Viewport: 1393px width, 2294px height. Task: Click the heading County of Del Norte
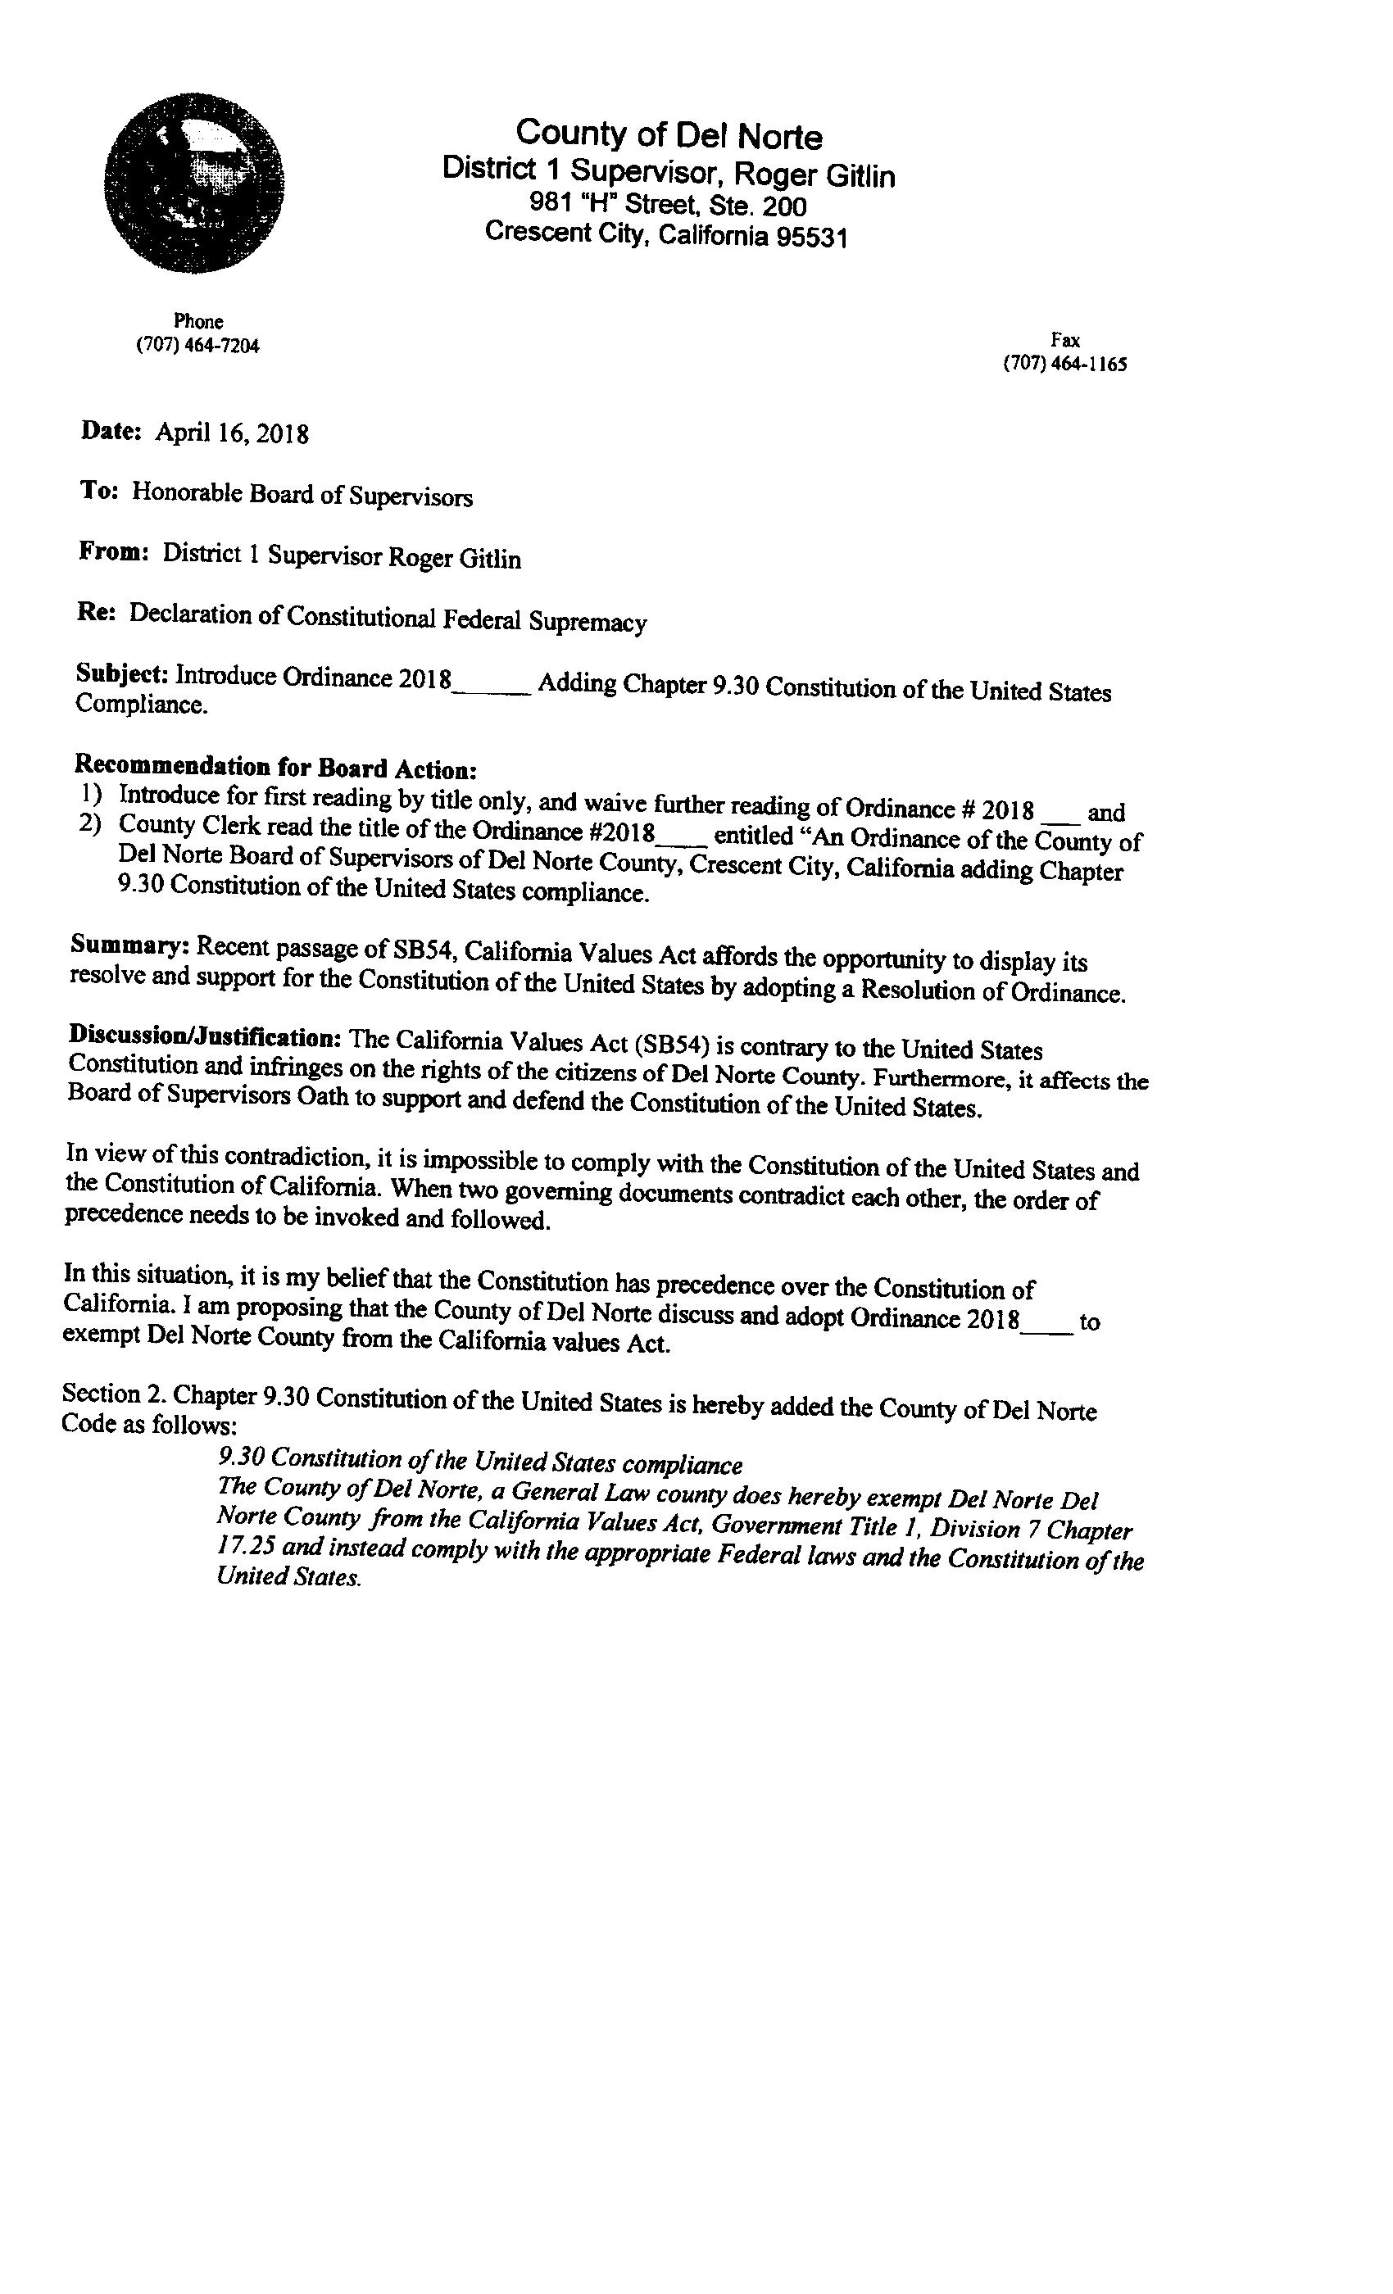[669, 135]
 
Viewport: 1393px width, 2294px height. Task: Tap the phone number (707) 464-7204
[198, 347]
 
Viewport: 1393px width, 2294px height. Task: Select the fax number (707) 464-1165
[1064, 364]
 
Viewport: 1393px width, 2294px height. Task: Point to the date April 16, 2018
[232, 433]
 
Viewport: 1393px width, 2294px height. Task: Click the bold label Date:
[111, 430]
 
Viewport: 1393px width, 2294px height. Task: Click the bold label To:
[98, 491]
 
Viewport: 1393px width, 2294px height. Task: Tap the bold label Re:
[96, 613]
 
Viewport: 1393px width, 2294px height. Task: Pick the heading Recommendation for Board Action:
[275, 768]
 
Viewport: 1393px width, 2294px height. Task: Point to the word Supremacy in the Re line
[588, 621]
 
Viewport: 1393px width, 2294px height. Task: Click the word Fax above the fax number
[1064, 340]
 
